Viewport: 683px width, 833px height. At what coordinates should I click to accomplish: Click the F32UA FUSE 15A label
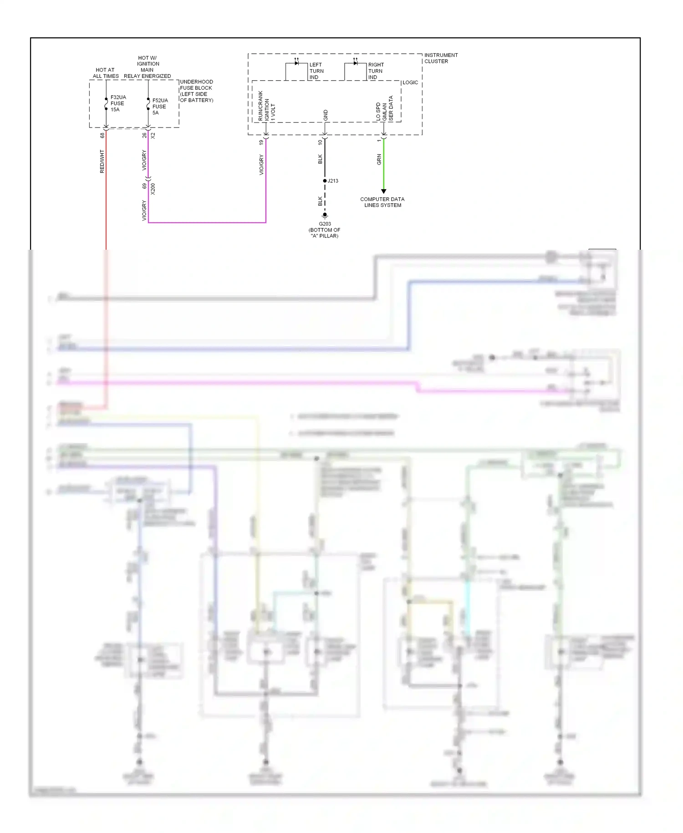[x=117, y=103]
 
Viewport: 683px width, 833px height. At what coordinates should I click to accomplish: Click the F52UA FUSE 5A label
[x=160, y=107]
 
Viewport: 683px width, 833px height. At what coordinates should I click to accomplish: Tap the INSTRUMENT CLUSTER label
[x=440, y=58]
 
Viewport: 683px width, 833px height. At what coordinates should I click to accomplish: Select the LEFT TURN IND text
[x=316, y=71]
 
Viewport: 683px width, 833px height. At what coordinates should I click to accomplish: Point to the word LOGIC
[x=410, y=82]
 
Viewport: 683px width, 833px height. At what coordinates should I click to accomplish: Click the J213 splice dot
[x=325, y=181]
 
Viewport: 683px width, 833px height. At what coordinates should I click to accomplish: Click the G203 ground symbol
[x=325, y=215]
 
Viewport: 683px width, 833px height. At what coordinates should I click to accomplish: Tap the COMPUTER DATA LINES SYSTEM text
[x=382, y=202]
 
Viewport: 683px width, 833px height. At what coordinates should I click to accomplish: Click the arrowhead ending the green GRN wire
[x=383, y=191]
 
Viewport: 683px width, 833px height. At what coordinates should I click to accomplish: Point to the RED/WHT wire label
[x=102, y=161]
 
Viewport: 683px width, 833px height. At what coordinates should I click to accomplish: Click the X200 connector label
[x=153, y=189]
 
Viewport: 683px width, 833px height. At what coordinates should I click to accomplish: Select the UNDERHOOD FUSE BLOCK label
[x=196, y=91]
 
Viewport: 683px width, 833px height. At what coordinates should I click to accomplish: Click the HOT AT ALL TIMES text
[x=106, y=73]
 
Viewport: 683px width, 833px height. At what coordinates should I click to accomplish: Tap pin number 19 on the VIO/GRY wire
[x=261, y=142]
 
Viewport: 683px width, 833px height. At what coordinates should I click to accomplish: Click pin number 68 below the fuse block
[x=102, y=135]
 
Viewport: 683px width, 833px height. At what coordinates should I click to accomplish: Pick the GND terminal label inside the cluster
[x=326, y=115]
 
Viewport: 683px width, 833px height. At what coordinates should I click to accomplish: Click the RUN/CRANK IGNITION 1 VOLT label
[x=266, y=106]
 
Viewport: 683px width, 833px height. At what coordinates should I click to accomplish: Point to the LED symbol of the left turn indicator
[x=296, y=63]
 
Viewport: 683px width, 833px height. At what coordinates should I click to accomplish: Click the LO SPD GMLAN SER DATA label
[x=384, y=109]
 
